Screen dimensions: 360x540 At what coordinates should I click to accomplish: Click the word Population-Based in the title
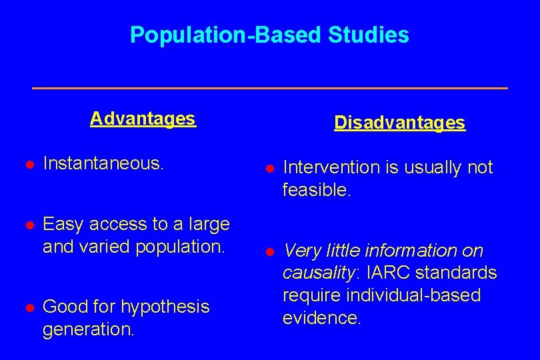pos(226,35)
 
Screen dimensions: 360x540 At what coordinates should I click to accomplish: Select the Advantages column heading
pos(143,119)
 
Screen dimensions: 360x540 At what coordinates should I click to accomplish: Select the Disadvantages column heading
pos(399,123)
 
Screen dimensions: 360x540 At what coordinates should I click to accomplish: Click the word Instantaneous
pos(103,164)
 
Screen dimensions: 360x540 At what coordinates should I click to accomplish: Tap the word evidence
pos(321,318)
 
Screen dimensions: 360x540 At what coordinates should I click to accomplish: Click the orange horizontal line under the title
pos(270,88)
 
